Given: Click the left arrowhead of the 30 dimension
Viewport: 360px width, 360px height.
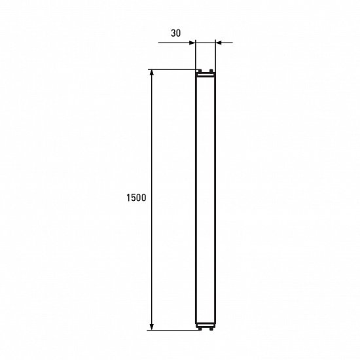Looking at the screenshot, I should click(x=193, y=43).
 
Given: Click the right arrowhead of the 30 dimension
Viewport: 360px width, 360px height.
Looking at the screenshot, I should click(x=219, y=43).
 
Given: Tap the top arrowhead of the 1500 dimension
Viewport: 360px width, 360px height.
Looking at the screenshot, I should click(x=152, y=73).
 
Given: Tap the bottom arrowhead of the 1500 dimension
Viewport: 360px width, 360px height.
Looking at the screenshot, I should click(x=152, y=326).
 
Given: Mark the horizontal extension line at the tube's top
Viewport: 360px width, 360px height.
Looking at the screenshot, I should click(x=173, y=69).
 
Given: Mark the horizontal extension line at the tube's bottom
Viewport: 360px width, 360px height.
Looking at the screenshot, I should click(x=173, y=330).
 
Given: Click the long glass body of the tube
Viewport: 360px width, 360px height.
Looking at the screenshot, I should click(x=206, y=196).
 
